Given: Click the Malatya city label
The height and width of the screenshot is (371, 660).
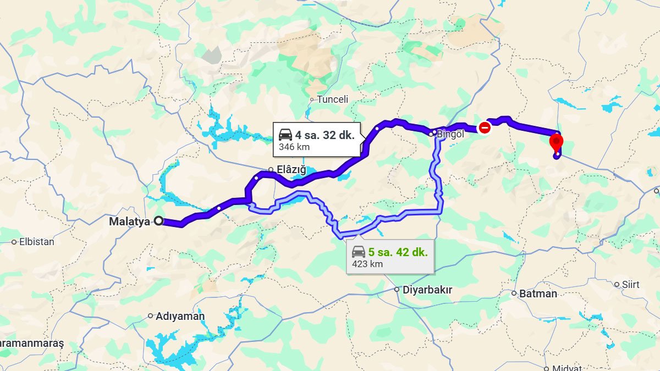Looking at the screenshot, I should [129, 222].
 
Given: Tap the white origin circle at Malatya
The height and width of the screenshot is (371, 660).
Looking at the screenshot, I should [159, 222].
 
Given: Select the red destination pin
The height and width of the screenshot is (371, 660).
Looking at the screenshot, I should [557, 142].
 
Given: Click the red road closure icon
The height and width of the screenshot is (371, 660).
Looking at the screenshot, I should [485, 128].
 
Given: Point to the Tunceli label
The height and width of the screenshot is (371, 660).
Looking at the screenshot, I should [333, 99].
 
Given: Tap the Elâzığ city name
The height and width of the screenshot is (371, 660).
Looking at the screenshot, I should [291, 170].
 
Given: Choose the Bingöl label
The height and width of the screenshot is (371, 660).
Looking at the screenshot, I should [450, 134].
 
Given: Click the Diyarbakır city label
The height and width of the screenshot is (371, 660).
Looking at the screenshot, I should [427, 290].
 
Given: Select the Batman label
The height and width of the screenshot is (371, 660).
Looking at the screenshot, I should [538, 294].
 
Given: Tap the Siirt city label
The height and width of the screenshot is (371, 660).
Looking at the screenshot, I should [630, 284].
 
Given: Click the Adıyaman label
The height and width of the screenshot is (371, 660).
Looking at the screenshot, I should [180, 316].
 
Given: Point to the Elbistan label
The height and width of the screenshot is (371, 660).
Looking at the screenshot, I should [37, 241].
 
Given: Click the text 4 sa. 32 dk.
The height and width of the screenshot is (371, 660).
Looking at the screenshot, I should [324, 135].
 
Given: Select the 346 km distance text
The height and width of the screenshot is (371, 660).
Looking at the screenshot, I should [294, 147].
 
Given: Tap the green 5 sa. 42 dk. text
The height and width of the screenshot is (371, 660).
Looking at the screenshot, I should [398, 252].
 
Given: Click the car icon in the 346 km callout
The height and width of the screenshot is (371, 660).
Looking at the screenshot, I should [285, 135].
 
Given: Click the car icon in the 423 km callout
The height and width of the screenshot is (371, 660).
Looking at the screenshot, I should [359, 252].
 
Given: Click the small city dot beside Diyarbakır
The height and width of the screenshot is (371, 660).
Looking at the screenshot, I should [397, 289].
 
